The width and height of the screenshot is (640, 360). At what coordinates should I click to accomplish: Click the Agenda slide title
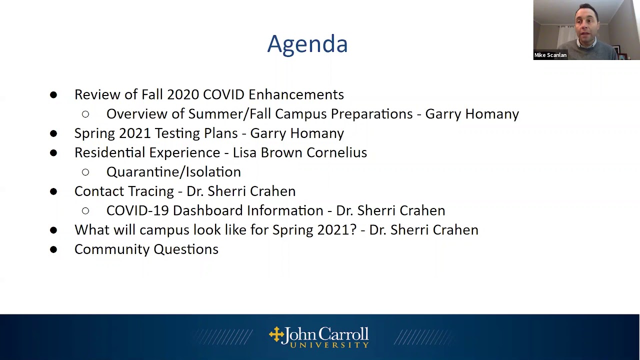[x=307, y=44]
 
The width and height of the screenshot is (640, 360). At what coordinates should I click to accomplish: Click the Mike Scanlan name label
[x=550, y=55]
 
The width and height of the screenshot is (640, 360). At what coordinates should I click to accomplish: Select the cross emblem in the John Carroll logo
[x=276, y=334]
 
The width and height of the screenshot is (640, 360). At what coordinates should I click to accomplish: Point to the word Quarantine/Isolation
[x=173, y=172]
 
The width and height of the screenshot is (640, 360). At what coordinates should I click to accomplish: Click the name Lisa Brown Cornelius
[x=299, y=152]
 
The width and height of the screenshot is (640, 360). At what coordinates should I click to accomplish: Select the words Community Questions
[x=146, y=249]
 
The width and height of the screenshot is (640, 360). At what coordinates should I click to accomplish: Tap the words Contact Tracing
[x=124, y=191]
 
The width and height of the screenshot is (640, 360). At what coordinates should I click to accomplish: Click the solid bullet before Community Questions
[x=53, y=249]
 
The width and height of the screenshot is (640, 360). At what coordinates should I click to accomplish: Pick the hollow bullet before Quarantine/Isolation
[x=85, y=172]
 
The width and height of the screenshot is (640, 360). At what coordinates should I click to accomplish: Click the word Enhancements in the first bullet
[x=296, y=94]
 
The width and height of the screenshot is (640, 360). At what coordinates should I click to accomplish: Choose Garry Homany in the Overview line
[x=471, y=114]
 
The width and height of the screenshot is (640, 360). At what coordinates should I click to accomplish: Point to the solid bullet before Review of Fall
[x=53, y=94]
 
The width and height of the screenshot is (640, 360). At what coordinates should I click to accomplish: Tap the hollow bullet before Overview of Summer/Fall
[x=85, y=114]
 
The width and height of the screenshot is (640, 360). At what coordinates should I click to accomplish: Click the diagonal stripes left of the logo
[x=222, y=337]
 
